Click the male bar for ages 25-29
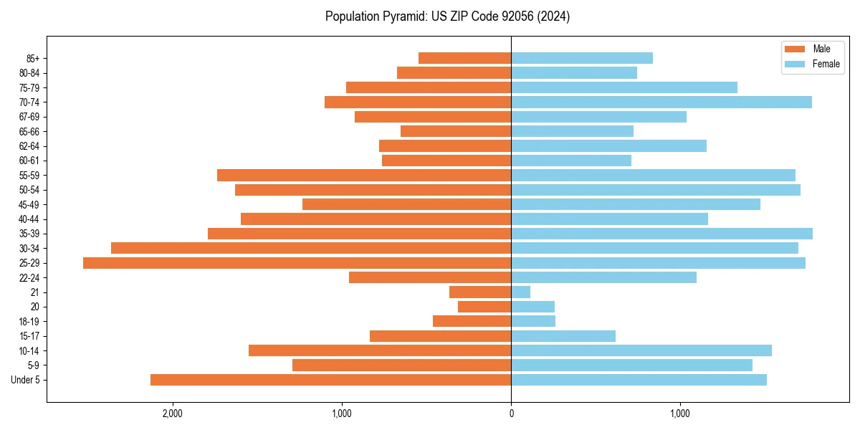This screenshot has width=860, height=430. coord(297,263)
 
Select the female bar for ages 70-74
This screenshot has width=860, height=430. coord(661,102)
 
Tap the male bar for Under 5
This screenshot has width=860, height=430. coord(330,380)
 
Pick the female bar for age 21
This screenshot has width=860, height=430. coord(521,292)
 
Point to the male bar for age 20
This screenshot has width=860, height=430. coord(484,307)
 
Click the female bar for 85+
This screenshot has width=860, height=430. coord(581,58)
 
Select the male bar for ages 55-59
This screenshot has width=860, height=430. coord(364,176)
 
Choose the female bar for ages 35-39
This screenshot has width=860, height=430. coord(661,234)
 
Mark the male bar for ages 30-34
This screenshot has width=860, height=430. coord(311,249)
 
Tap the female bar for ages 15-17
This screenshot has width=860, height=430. coord(563,336)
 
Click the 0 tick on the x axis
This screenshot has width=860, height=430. coord(511,414)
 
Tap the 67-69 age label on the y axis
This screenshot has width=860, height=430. coord(29,117)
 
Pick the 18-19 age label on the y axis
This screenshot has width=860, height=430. coord(29,322)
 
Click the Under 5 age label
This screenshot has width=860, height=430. coord(26,380)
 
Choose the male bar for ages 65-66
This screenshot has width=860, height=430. coord(456,131)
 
